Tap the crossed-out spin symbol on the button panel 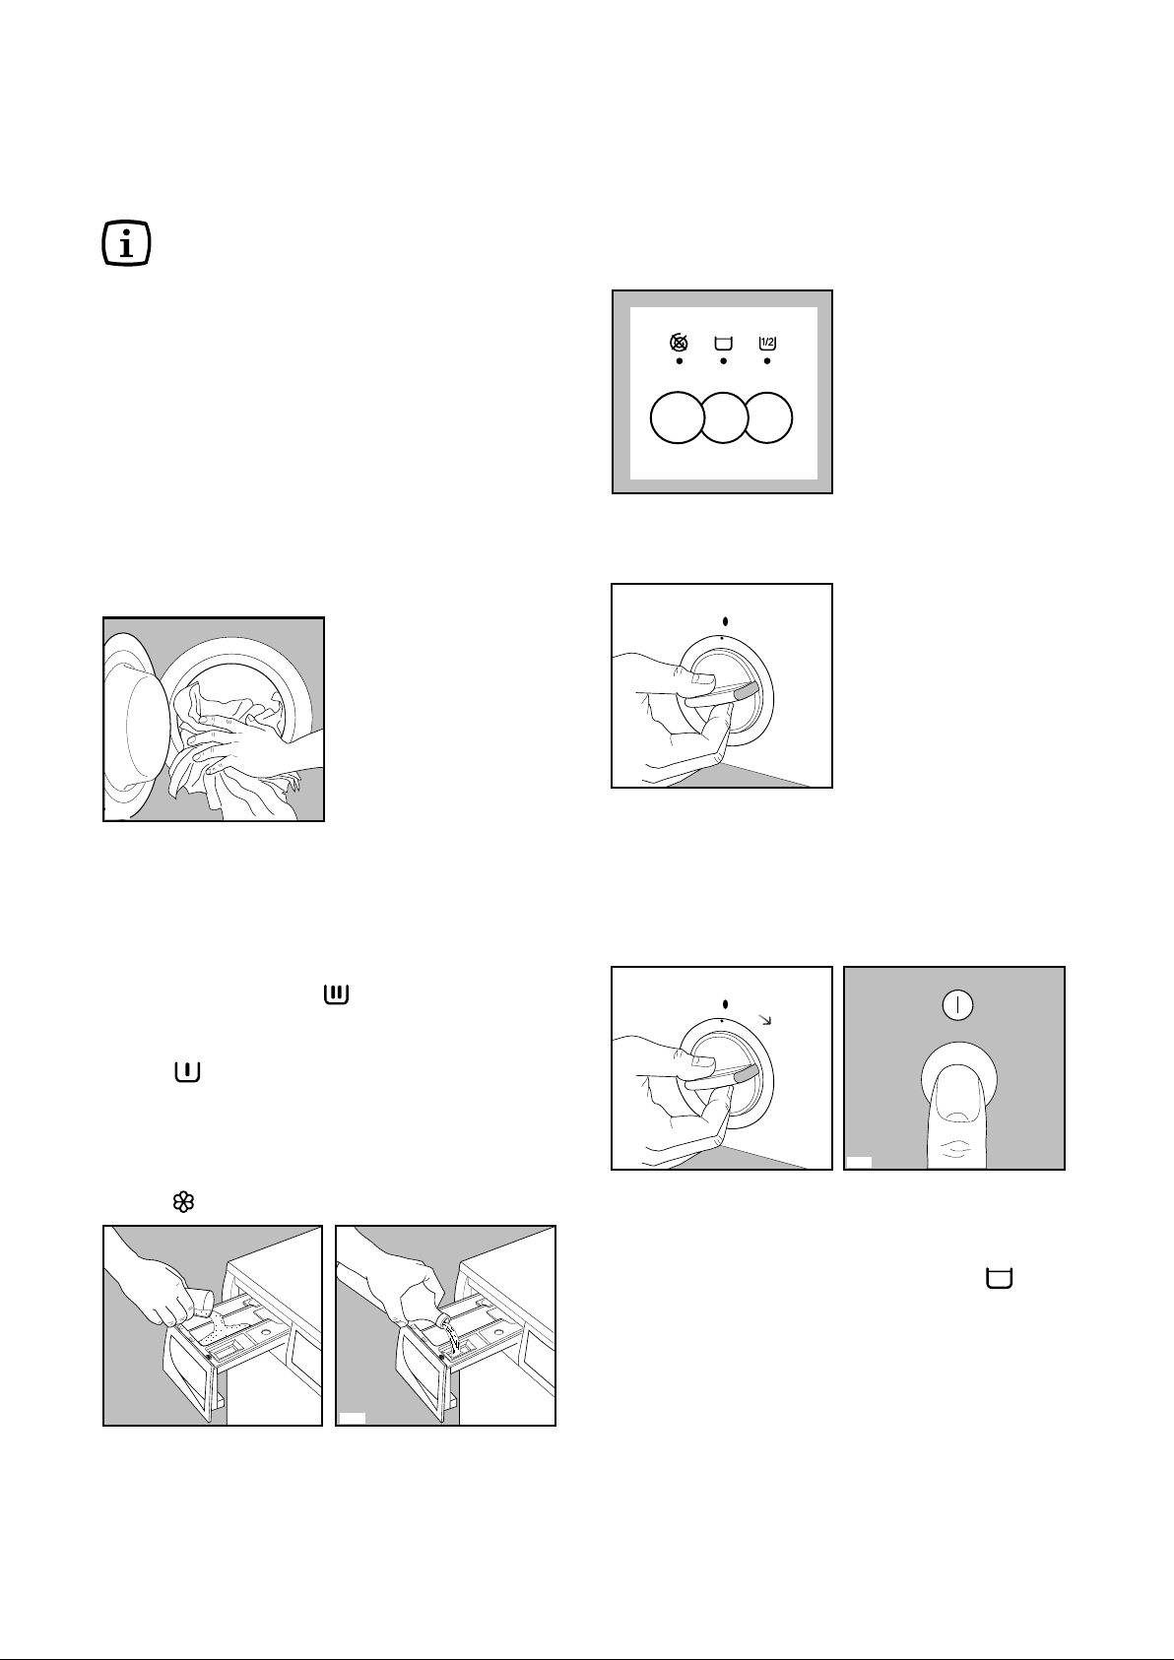click(x=679, y=343)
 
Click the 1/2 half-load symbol click(x=767, y=343)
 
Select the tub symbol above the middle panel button click(x=723, y=343)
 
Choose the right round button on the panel click(x=769, y=417)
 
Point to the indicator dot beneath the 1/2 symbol click(x=767, y=362)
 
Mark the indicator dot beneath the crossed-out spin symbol click(x=679, y=362)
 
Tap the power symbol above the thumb click(x=957, y=1006)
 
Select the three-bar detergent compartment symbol click(x=336, y=996)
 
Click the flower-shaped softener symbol click(x=185, y=1201)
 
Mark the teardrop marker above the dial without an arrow click(x=725, y=621)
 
